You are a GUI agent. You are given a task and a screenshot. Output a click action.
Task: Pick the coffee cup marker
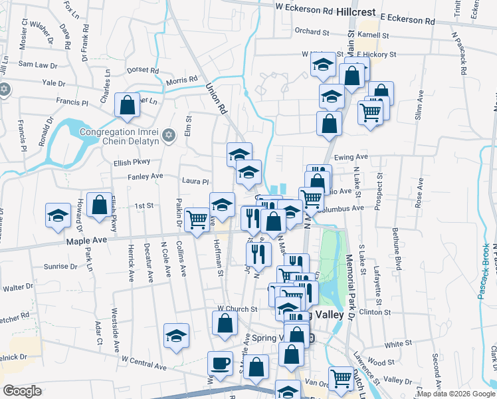[220, 363]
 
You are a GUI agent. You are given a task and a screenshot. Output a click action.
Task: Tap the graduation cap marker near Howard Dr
[58, 215]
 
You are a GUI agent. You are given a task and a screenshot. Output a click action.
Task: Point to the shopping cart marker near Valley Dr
[341, 378]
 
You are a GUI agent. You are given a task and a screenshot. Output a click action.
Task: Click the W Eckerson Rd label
[304, 11]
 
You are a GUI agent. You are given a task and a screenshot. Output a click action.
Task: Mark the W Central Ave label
[144, 362]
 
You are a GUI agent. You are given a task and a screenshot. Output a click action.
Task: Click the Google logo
[22, 391]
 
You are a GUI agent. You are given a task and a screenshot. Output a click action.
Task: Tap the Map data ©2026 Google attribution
[455, 394]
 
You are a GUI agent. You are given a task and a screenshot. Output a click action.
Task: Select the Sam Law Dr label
[35, 64]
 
